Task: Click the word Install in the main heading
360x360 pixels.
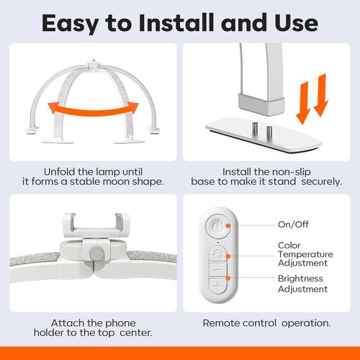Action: [x=176, y=23]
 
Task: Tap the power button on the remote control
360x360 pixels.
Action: [x=218, y=226]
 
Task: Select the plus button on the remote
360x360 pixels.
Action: [x=217, y=287]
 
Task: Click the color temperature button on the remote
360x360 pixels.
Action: [x=217, y=253]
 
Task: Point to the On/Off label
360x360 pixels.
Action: [x=293, y=225]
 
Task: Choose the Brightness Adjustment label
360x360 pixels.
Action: [x=302, y=284]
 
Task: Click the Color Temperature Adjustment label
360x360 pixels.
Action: [x=305, y=254]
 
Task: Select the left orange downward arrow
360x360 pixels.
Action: [x=303, y=103]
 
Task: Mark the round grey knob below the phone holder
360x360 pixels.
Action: [x=96, y=254]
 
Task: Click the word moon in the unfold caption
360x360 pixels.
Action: [x=117, y=181]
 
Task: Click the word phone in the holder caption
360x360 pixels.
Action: [x=120, y=323]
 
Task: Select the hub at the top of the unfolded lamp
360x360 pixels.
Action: [x=94, y=66]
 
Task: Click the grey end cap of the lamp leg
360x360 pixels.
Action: [x=261, y=104]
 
